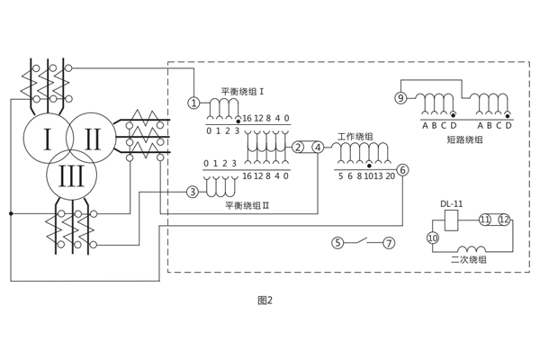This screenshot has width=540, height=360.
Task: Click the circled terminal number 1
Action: (193, 103)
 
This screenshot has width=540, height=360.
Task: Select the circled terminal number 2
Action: (298, 148)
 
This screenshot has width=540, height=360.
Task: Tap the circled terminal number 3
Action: (192, 192)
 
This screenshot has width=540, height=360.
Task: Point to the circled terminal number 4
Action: (318, 148)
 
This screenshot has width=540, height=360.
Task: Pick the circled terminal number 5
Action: (337, 243)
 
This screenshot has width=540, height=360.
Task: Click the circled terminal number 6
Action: (402, 170)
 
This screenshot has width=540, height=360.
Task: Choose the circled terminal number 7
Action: (389, 243)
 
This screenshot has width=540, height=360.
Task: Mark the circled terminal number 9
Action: (400, 97)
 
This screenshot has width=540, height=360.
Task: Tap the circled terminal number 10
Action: (432, 238)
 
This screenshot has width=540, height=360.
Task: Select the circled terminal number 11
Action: (484, 220)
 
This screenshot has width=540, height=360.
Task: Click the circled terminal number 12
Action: (504, 220)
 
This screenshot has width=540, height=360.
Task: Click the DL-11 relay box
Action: (452, 220)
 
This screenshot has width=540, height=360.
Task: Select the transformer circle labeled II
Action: (93, 139)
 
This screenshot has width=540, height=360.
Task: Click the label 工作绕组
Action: (355, 137)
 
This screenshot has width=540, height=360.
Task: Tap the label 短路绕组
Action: (464, 139)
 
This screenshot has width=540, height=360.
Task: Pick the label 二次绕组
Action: (469, 260)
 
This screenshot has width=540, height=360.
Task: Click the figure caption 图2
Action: (265, 301)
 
